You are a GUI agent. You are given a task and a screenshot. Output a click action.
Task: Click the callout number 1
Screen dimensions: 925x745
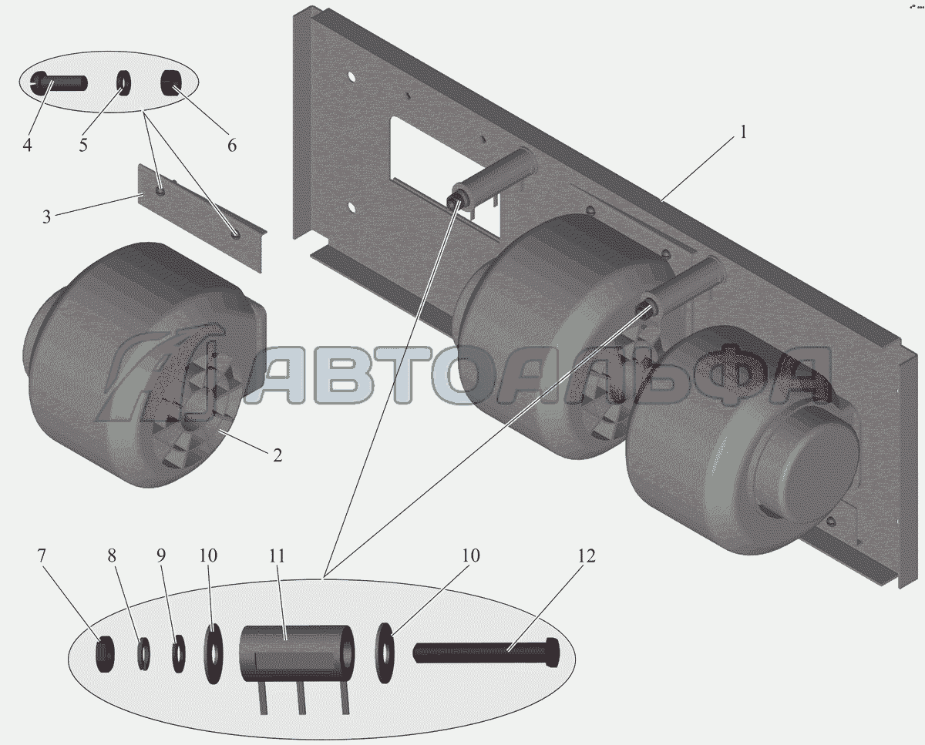click(744, 133)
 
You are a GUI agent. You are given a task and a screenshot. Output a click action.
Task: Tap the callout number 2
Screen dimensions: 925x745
click(277, 455)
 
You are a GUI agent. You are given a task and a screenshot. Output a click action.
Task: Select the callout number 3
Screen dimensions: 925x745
click(47, 217)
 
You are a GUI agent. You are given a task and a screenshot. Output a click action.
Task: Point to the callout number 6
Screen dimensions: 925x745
click(232, 145)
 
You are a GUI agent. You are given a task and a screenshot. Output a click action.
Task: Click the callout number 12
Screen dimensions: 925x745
click(587, 555)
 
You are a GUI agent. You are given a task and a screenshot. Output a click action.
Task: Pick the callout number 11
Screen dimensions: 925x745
click(277, 556)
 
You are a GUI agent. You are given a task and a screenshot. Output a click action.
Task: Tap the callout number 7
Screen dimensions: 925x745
click(42, 555)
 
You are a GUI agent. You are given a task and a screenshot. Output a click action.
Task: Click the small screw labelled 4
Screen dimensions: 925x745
click(59, 82)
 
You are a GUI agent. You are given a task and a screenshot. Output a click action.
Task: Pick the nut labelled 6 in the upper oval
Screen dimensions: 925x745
click(170, 83)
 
